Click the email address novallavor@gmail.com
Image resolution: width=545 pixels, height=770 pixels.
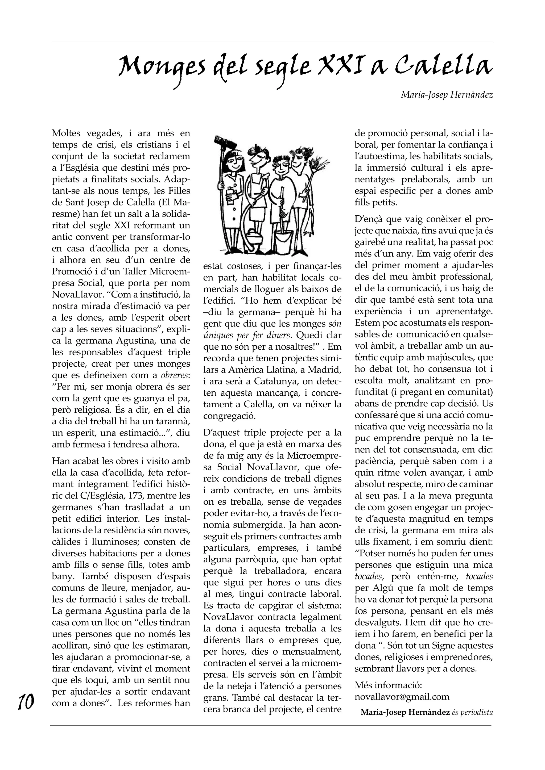402,697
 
